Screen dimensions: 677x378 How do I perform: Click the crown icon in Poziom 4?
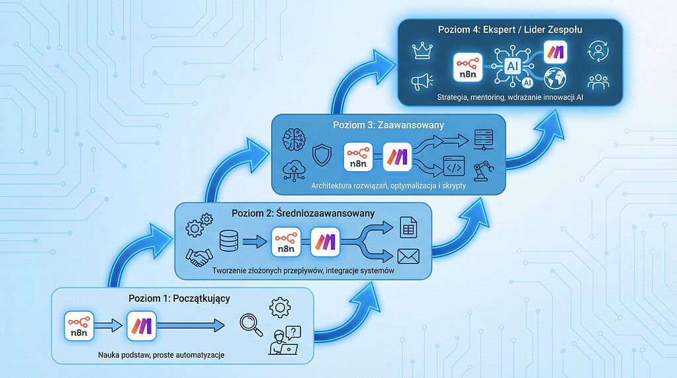(x=422, y=50)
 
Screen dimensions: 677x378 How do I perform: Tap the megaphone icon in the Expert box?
(x=422, y=81)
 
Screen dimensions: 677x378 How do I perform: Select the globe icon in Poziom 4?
(x=555, y=78)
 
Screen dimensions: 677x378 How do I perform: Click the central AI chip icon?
(x=513, y=66)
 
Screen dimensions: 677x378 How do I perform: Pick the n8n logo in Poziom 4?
(x=468, y=67)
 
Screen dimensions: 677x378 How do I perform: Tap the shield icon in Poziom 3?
(x=322, y=155)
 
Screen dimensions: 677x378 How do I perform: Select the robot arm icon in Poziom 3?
(x=484, y=170)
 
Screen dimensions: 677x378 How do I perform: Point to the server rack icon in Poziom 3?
(x=484, y=139)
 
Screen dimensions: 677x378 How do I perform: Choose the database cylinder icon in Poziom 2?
(x=229, y=241)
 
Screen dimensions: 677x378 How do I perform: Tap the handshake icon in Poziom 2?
(x=199, y=257)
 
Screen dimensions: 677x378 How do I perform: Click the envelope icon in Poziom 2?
(x=408, y=256)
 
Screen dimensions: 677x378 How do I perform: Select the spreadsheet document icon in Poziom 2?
(x=408, y=227)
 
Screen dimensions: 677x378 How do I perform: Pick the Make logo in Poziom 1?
(x=142, y=326)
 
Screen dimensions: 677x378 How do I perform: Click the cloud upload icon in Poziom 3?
(x=294, y=170)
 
